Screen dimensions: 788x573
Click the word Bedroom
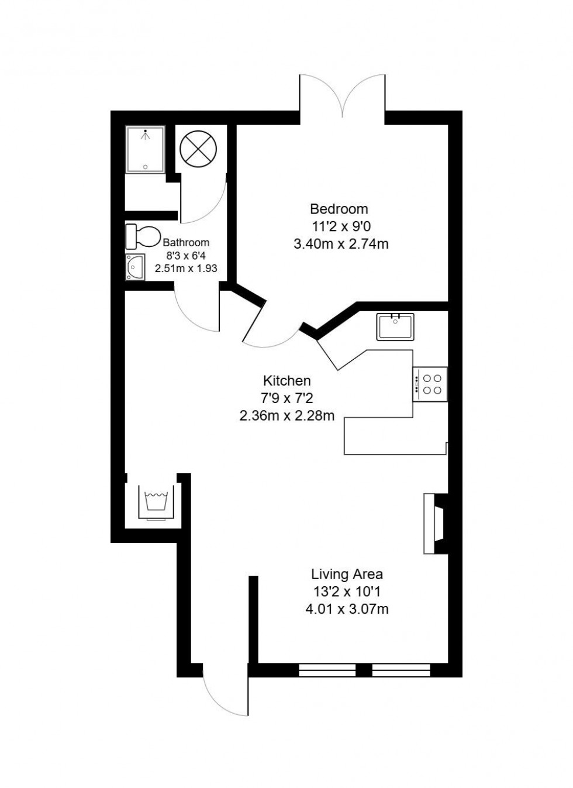[339, 209]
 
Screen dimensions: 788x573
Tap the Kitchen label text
[286, 381]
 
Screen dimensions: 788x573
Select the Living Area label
[347, 574]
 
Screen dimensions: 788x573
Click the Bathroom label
[186, 242]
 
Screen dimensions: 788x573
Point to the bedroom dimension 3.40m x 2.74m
[341, 244]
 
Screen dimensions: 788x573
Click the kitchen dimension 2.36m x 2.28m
[286, 416]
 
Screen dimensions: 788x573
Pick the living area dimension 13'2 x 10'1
[347, 591]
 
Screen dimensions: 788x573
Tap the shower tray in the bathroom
[146, 150]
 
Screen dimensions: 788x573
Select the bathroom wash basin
[136, 267]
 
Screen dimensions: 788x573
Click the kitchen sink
[396, 326]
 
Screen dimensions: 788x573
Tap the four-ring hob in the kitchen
[431, 384]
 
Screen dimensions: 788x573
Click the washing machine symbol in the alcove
[156, 502]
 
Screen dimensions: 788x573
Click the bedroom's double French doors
[343, 97]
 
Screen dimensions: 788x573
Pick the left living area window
[327, 670]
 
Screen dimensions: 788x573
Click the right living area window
[401, 670]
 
